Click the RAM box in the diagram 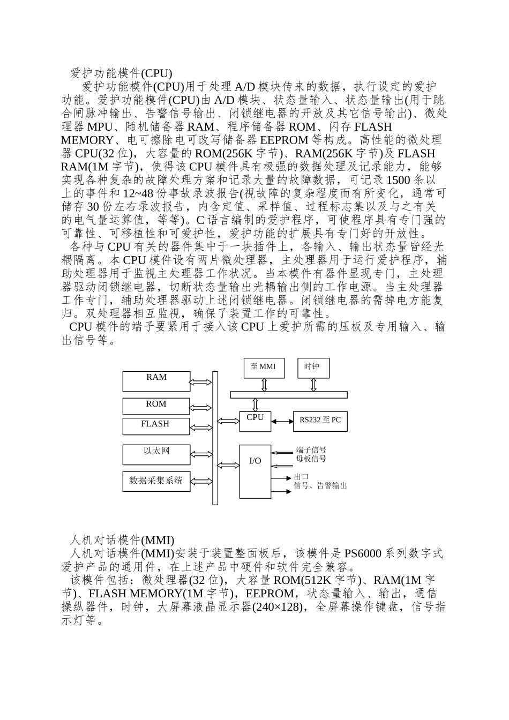click(x=156, y=381)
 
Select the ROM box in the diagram click(x=156, y=406)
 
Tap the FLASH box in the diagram click(x=156, y=426)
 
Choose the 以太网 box click(x=156, y=454)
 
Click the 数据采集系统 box click(x=156, y=481)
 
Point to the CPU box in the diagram click(x=255, y=422)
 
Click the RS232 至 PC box click(x=320, y=421)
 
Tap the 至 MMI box click(x=264, y=367)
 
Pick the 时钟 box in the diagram click(x=313, y=367)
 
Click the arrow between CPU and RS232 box click(x=282, y=422)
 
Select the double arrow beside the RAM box click(x=201, y=382)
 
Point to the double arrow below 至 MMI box click(x=264, y=385)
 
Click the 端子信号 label click(x=311, y=451)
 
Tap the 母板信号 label click(x=311, y=459)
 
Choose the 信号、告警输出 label click(x=320, y=486)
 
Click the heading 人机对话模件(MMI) click(x=123, y=539)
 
